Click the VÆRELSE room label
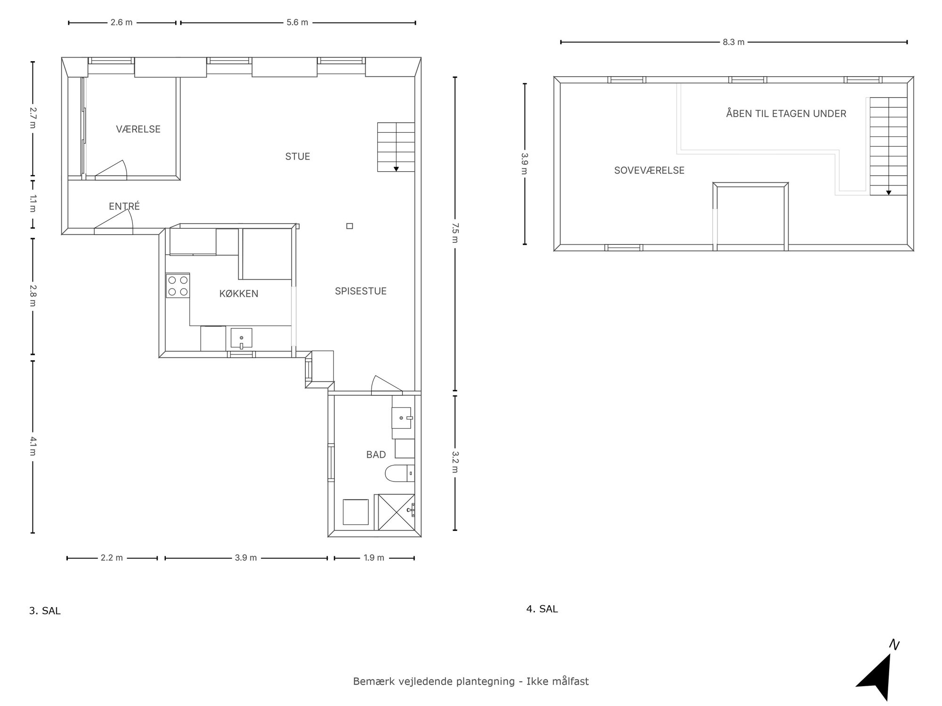tap(138, 129)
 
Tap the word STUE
tap(297, 156)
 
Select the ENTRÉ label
tap(124, 206)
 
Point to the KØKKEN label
tap(239, 294)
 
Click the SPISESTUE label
tap(360, 291)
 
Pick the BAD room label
tap(376, 454)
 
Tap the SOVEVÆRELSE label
tap(649, 170)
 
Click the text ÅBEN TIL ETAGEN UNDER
tap(786, 113)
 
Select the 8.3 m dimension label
tap(733, 42)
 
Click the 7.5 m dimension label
tap(455, 233)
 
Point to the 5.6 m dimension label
tap(297, 22)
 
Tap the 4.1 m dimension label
tap(32, 446)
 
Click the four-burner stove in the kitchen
tap(178, 286)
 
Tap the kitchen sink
tap(241, 338)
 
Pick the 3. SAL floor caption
tap(45, 611)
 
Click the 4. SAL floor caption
tap(542, 609)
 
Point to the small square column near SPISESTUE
tap(349, 226)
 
